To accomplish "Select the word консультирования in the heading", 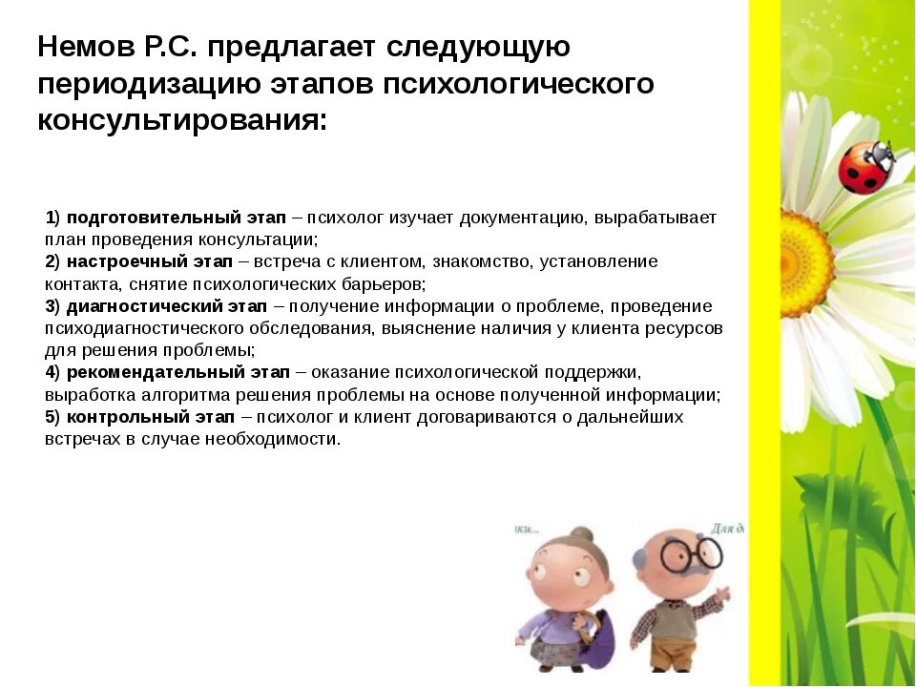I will click(181, 122).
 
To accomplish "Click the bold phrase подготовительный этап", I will click(177, 218).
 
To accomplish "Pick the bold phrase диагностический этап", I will click(167, 306).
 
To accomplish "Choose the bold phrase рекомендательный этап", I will click(177, 372).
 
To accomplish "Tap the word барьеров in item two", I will click(383, 284).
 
